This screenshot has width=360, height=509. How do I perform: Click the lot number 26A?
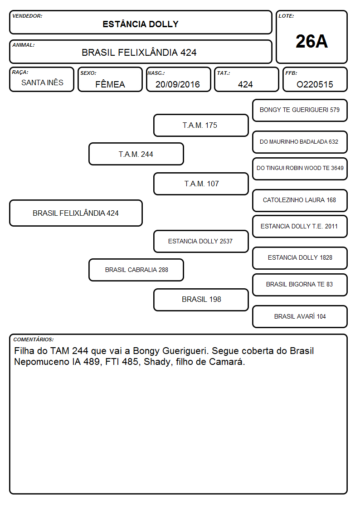coord(311,41)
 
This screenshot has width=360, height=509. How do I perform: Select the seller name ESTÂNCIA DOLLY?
coord(141,24)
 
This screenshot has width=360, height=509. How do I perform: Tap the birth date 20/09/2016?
coord(178,84)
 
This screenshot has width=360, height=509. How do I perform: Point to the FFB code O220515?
coord(315,84)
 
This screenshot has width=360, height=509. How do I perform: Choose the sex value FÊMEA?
coord(110,84)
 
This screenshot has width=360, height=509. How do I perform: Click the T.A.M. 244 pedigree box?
coord(136,154)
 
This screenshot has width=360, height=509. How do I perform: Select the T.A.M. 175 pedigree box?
coord(201,125)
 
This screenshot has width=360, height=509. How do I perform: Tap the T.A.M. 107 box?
coord(201,184)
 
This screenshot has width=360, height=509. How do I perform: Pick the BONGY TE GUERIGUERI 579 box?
coord(300,111)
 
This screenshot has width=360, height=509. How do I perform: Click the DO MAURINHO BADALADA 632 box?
coord(300,142)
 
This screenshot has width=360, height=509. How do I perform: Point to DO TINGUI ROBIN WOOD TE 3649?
coord(300,169)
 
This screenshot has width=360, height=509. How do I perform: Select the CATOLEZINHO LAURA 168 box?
coord(300,200)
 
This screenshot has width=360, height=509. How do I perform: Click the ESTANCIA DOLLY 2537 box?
coord(201,241)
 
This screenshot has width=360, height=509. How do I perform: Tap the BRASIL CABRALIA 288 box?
coord(136,270)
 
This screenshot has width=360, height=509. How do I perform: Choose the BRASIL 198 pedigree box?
coord(201,300)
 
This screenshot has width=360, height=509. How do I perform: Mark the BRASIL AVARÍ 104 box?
coord(300,316)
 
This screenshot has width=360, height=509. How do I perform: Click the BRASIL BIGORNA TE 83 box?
coord(300,285)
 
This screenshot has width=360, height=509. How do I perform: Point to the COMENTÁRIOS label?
coord(34,339)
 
